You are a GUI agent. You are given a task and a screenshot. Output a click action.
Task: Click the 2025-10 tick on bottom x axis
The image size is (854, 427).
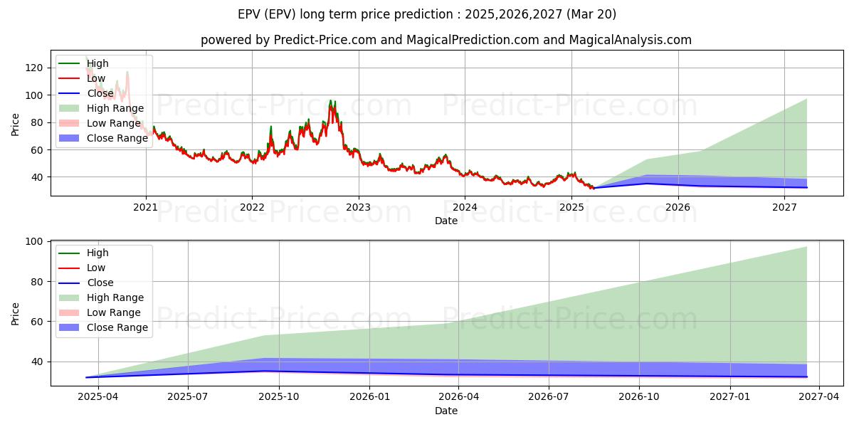pyautogui.click(x=278, y=396)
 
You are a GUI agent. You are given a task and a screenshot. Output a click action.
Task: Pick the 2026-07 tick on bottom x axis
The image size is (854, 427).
pyautogui.click(x=549, y=396)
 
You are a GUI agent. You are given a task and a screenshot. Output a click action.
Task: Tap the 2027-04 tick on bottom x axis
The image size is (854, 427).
pyautogui.click(x=820, y=396)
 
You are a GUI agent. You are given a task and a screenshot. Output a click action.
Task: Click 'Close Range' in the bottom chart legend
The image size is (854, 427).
pyautogui.click(x=117, y=327)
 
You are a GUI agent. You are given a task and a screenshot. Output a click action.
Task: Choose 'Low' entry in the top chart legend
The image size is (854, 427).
pyautogui.click(x=96, y=78)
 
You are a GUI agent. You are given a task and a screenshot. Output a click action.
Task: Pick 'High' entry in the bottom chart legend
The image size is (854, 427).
pyautogui.click(x=97, y=253)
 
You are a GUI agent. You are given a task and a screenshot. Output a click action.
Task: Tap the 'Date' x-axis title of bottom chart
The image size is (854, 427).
pyautogui.click(x=446, y=411)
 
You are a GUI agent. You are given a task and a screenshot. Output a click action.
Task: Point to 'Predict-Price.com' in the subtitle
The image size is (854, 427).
pyautogui.click(x=325, y=40)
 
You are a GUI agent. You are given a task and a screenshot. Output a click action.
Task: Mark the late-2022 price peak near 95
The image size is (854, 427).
pyautogui.click(x=331, y=101)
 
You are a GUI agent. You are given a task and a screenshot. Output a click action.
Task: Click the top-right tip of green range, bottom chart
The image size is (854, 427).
pyautogui.click(x=806, y=247)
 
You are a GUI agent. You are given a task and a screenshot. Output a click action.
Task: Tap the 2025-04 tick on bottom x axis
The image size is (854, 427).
pyautogui.click(x=97, y=396)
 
